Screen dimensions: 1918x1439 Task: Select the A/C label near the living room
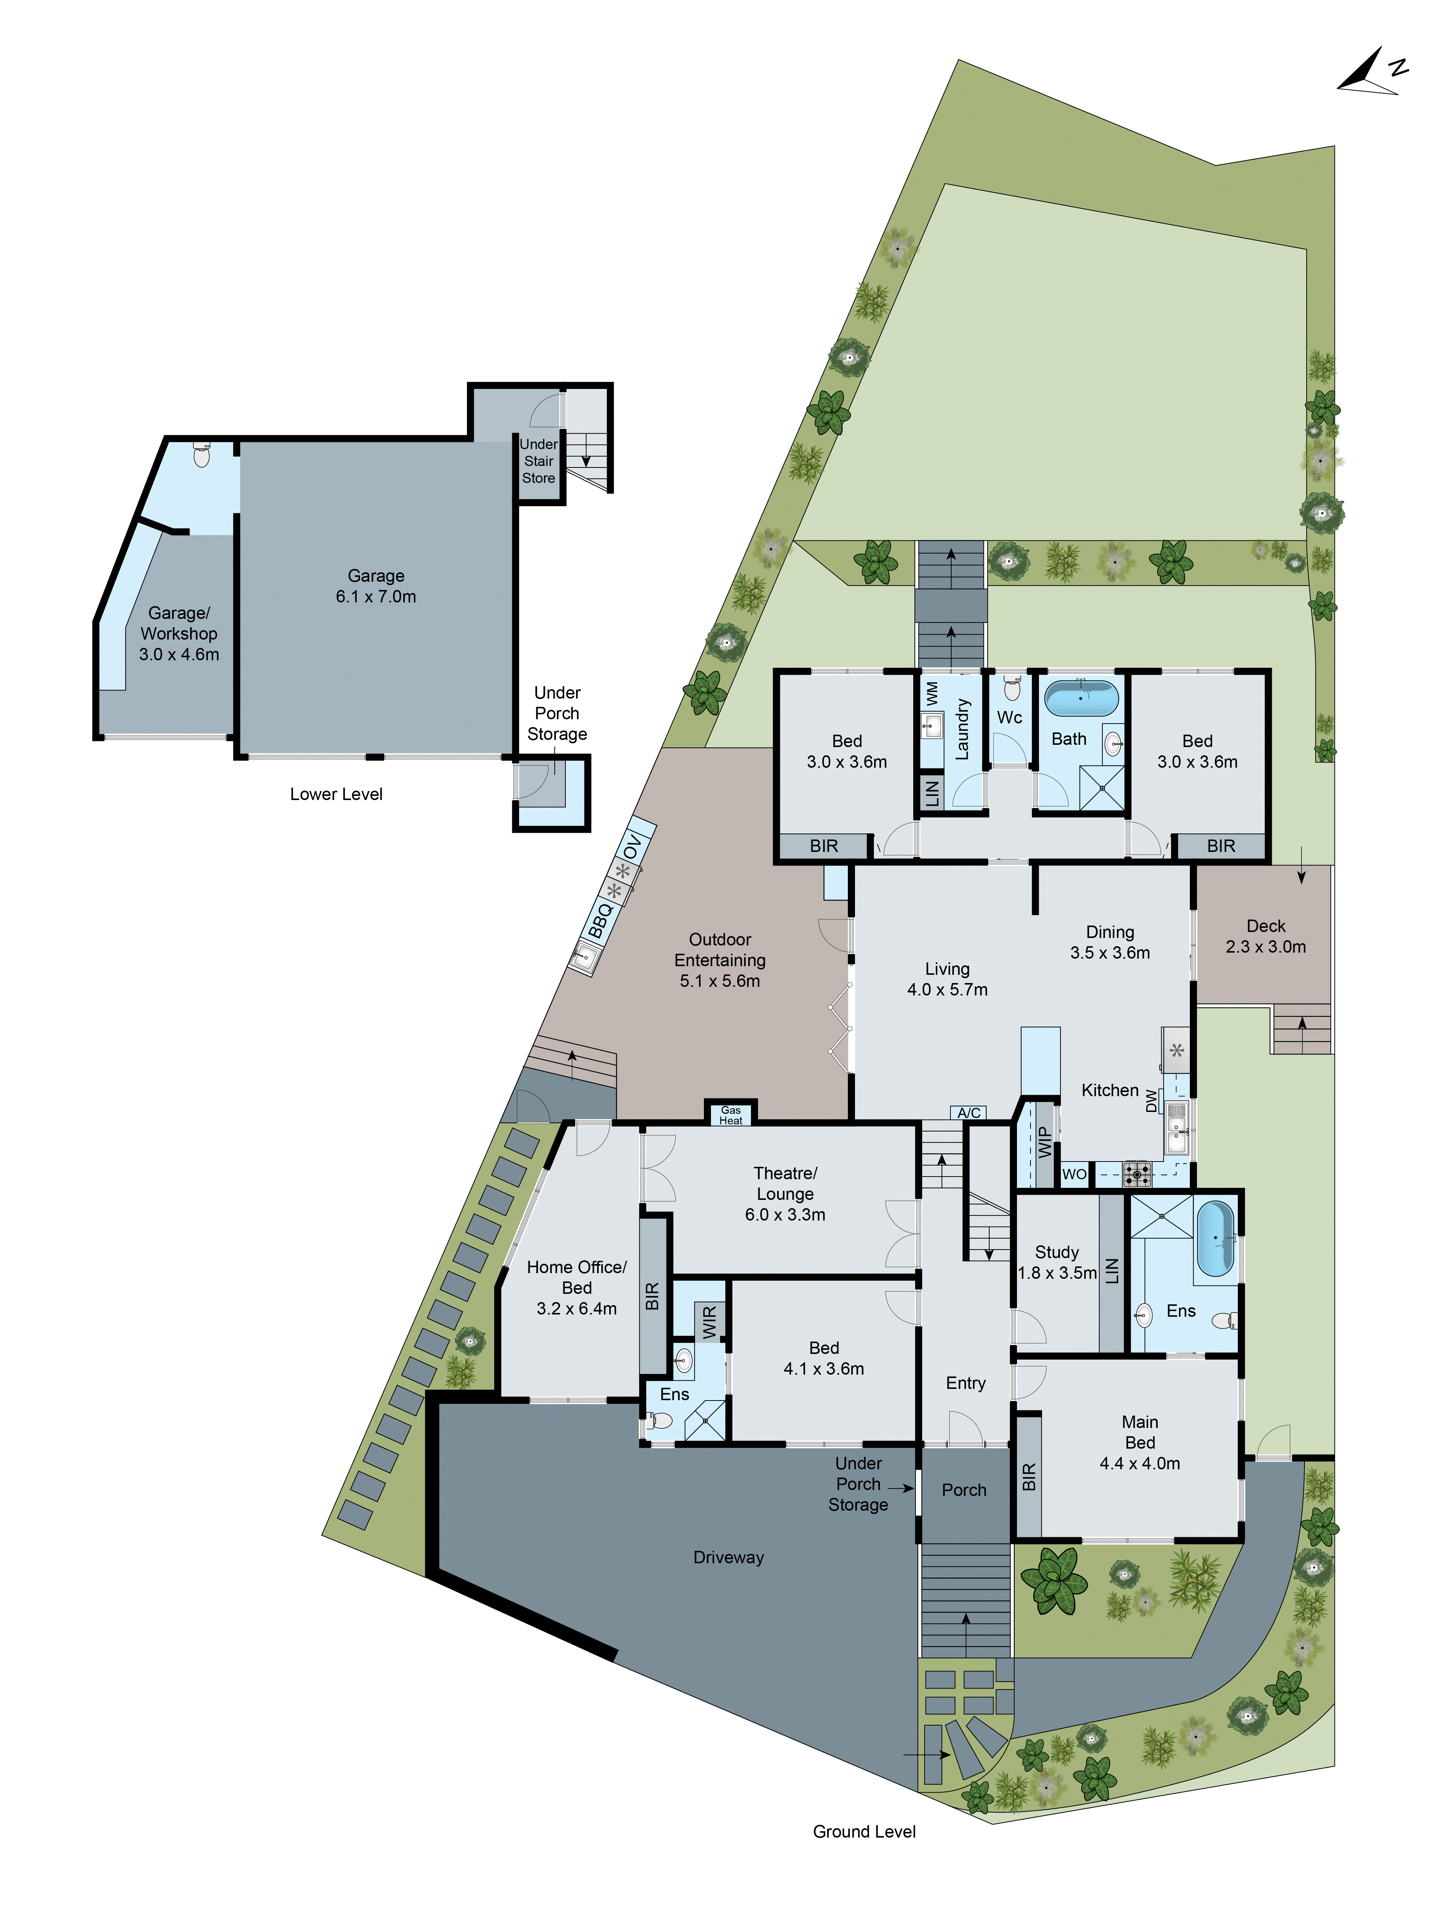969,1112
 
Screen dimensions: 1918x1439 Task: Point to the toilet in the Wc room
1011,689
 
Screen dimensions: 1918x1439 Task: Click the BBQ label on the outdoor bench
600,920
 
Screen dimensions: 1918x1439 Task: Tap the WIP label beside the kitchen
1044,1143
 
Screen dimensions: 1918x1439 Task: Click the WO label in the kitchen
1074,1174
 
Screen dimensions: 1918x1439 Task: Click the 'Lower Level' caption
336,794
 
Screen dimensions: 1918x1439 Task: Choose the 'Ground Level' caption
864,1831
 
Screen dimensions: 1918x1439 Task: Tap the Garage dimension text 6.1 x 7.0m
375,597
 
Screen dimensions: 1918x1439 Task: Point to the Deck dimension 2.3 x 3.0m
1265,947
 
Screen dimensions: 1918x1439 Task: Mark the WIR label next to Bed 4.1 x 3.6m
710,1321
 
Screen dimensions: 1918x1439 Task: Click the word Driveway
729,1557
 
